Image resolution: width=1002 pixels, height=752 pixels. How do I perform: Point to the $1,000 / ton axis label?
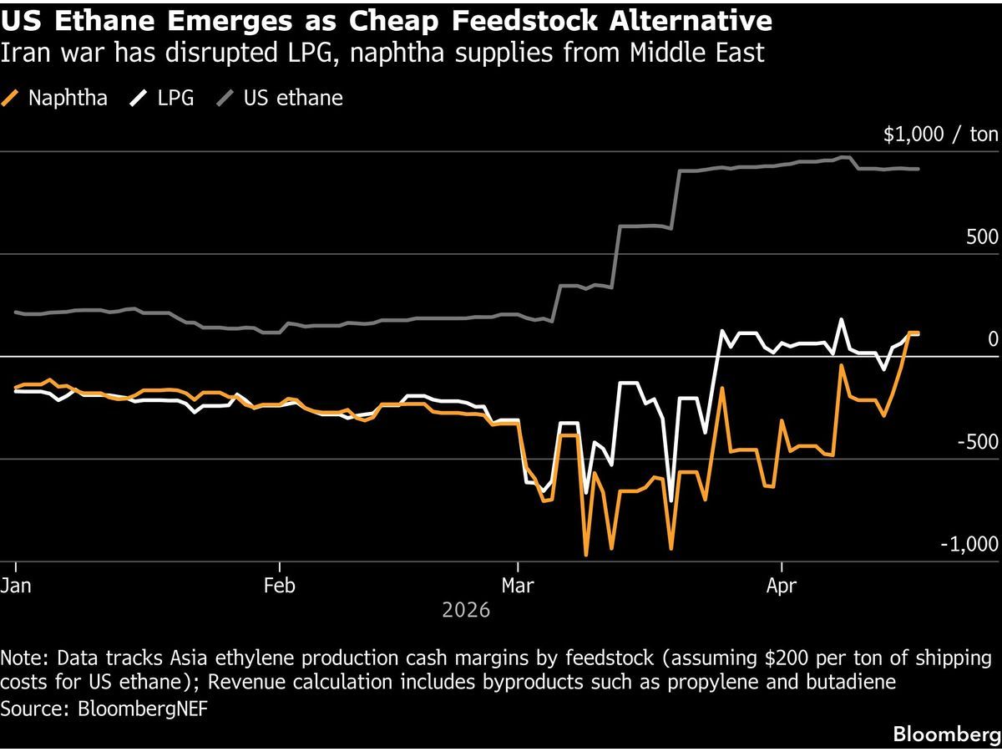[940, 135]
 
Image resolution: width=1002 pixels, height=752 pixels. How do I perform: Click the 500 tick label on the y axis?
[982, 237]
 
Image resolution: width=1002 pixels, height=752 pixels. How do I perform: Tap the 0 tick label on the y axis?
[993, 339]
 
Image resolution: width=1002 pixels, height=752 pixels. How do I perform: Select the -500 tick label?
[977, 442]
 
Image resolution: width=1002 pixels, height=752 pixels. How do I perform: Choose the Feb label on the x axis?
[279, 586]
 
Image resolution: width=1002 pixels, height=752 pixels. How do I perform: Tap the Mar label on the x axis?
[518, 586]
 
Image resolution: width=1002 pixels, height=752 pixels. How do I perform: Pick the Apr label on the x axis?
[781, 586]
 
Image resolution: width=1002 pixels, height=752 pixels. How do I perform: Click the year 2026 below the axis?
[466, 611]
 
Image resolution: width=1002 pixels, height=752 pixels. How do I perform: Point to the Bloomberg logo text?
[946, 734]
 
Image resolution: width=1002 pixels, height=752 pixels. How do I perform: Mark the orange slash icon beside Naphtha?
[10, 98]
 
